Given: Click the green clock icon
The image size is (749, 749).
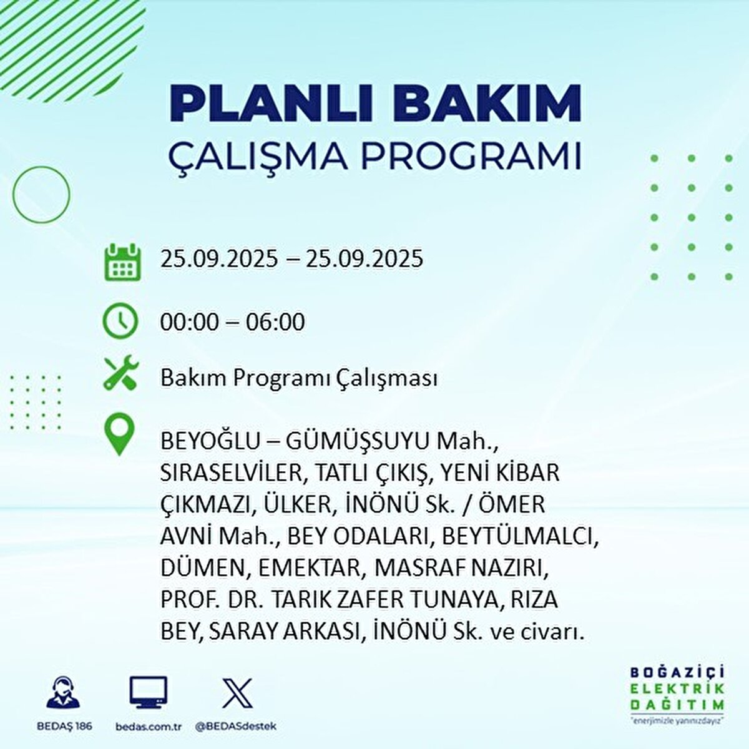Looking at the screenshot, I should (120, 321).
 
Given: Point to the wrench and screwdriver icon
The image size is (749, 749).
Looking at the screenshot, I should (120, 373).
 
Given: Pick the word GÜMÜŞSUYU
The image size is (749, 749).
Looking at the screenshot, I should (358, 441).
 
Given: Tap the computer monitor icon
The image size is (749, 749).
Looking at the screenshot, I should (149, 693).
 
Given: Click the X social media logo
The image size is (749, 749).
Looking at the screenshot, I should (237, 693).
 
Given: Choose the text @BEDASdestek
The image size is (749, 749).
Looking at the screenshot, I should (236, 726).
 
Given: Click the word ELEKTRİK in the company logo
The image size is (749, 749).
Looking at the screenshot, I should (678, 688).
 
